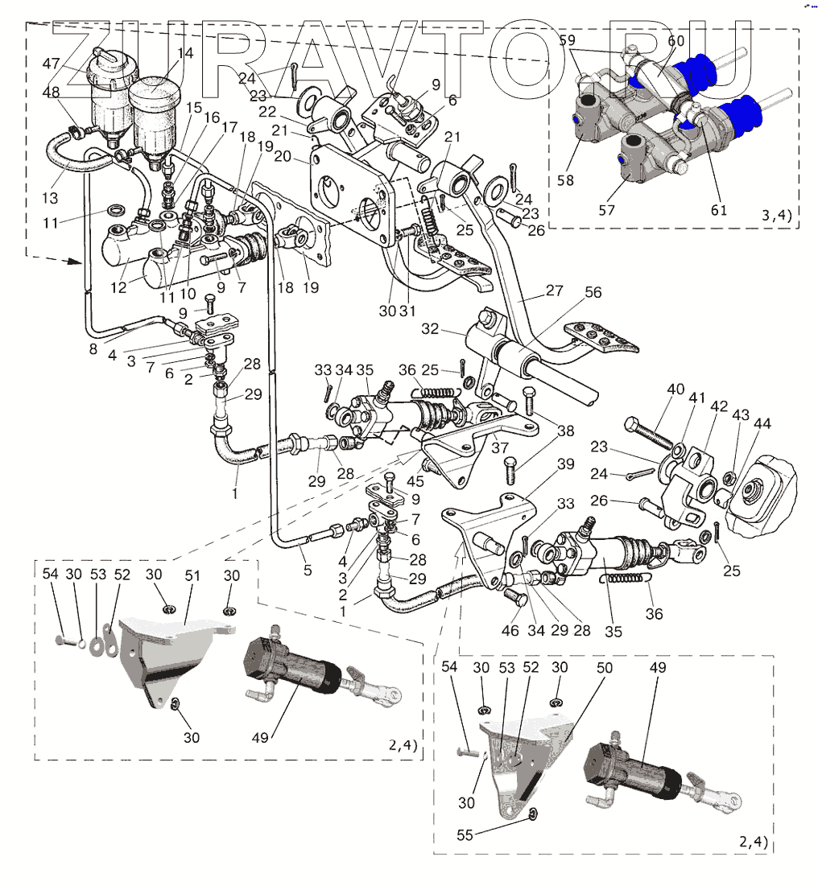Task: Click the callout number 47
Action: (52, 63)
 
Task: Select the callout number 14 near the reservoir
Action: (185, 53)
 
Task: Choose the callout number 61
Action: (719, 210)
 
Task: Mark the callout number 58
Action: (565, 180)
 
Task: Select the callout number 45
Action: (416, 482)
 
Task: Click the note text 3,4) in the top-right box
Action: (776, 215)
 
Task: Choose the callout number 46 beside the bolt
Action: (510, 631)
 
